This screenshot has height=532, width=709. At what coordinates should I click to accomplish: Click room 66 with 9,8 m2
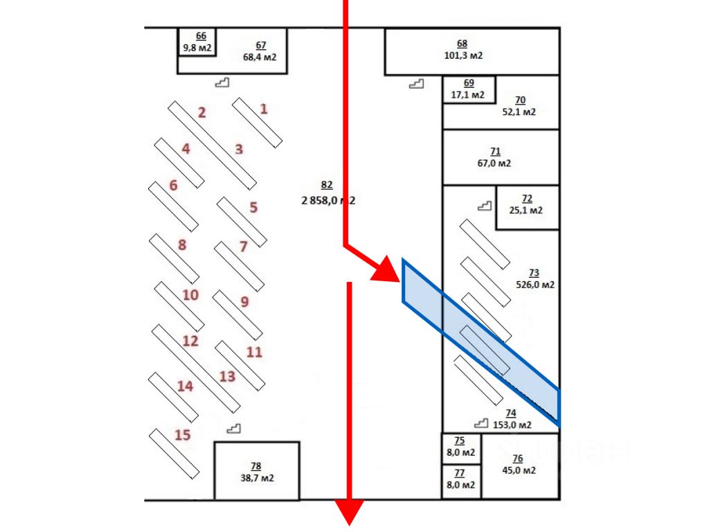coord(197,42)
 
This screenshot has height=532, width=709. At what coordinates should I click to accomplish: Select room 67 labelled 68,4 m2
coord(260,51)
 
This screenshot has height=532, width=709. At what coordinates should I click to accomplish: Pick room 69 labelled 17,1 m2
coord(468,89)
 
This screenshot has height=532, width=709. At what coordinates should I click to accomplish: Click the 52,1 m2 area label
coord(519,112)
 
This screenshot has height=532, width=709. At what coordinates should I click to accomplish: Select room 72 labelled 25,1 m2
coord(526,205)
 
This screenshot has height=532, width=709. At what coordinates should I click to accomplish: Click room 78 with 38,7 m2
coord(256,472)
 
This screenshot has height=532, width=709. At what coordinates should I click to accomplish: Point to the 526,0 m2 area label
coord(535,284)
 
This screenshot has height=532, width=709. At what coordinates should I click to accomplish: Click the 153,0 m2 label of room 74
coord(513,425)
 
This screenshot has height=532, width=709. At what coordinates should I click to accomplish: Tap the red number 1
coord(263,109)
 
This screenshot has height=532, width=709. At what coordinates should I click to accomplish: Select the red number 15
coord(182,435)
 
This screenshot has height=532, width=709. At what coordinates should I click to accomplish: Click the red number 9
coord(244,302)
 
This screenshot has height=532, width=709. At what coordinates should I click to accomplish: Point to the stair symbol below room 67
coord(222,83)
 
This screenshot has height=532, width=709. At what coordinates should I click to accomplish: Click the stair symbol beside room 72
coord(485,206)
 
